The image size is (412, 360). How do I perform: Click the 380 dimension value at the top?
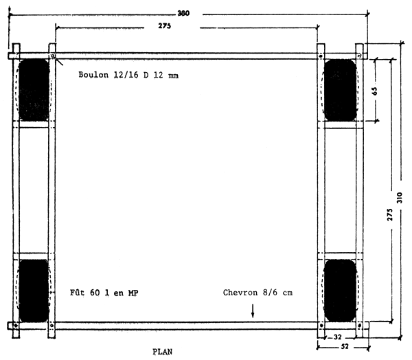[183, 13]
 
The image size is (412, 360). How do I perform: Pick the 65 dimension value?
[375, 91]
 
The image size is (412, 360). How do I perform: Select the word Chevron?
[241, 293]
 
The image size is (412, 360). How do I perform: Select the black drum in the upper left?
[34, 90]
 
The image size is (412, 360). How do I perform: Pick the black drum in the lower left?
[34, 289]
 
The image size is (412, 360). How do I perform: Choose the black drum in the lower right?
[339, 289]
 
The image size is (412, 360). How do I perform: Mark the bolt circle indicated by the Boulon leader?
[52, 56]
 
